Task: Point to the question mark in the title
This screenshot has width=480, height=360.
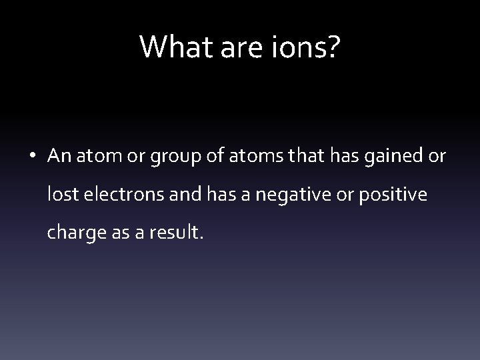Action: tap(333, 47)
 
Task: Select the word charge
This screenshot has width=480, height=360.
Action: tap(70, 233)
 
